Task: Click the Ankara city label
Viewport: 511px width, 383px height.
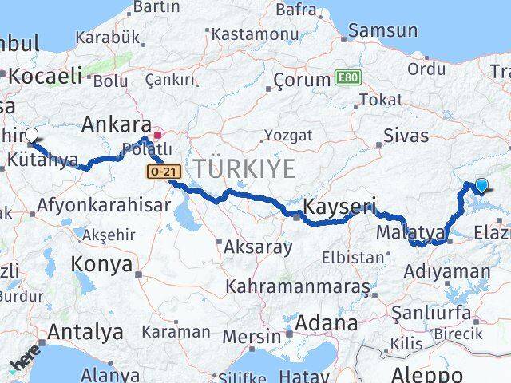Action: pyautogui.click(x=118, y=125)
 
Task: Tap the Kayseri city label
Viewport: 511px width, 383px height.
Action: pyautogui.click(x=340, y=207)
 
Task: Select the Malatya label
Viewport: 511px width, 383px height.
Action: pyautogui.click(x=410, y=232)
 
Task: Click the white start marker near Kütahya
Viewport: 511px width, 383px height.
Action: pyautogui.click(x=32, y=135)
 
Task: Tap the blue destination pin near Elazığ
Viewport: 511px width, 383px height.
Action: pyautogui.click(x=481, y=186)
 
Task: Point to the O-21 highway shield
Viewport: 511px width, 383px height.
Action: pyautogui.click(x=161, y=172)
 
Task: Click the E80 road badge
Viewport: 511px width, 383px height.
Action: pyautogui.click(x=345, y=78)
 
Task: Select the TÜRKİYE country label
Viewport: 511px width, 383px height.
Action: pyautogui.click(x=242, y=168)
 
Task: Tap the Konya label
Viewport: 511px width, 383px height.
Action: pyautogui.click(x=101, y=264)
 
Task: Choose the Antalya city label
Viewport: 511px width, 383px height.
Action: pyautogui.click(x=85, y=331)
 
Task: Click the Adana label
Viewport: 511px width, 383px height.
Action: pyautogui.click(x=327, y=324)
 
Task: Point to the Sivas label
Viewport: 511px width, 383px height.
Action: pyautogui.click(x=406, y=136)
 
